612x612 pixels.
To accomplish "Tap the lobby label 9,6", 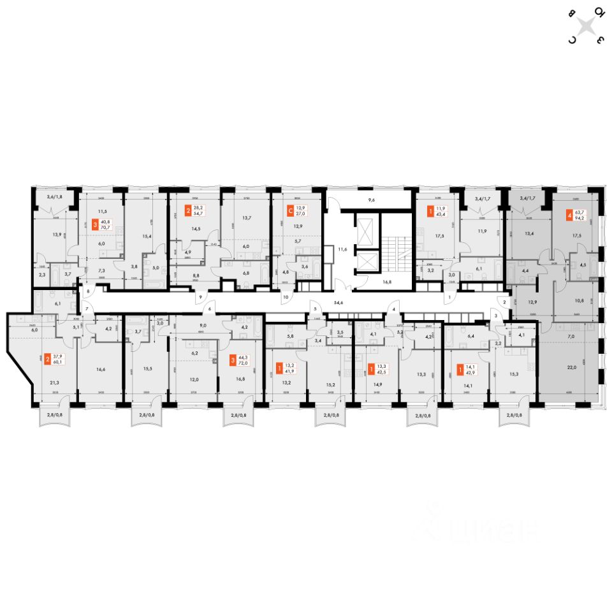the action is click(x=371, y=200).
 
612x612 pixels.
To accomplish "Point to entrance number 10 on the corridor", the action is click(x=286, y=297).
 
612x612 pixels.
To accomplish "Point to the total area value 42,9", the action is click(x=470, y=370).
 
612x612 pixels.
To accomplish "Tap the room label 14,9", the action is click(x=374, y=385).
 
